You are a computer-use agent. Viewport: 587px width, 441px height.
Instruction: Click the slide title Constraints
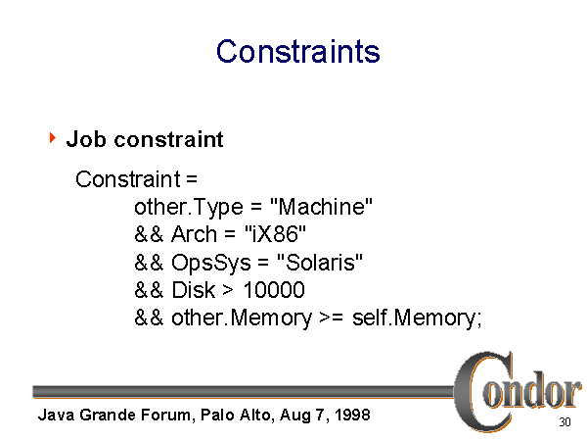[x=298, y=51]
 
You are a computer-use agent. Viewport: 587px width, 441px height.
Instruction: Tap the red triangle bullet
[x=53, y=137]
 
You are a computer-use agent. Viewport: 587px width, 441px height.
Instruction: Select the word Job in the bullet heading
[x=86, y=139]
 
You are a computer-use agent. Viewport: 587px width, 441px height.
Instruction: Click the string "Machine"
[x=321, y=206]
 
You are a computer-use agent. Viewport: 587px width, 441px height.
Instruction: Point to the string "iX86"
[x=275, y=234]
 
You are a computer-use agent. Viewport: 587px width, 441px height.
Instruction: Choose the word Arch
[x=194, y=234]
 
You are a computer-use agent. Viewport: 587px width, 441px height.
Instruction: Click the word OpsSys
[x=211, y=263]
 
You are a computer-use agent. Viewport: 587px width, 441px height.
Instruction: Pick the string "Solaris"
[x=320, y=262]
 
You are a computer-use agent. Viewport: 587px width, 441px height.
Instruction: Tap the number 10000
[x=274, y=290]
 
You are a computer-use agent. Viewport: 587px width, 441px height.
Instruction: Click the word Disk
[x=194, y=290]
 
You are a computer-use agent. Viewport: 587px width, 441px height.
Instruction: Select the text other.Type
[x=189, y=208]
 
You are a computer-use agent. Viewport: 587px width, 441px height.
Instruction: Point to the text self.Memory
[x=417, y=318]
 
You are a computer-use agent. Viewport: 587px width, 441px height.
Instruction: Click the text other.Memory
[x=242, y=318]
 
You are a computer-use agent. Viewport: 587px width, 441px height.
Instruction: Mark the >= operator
[x=331, y=318]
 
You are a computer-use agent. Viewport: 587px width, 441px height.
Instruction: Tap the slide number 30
[x=564, y=422]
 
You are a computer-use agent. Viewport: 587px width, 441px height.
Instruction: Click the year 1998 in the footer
[x=352, y=415]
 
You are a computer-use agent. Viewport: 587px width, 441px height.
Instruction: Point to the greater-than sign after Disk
[x=228, y=290]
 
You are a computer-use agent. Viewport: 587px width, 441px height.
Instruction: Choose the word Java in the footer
[x=56, y=415]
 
